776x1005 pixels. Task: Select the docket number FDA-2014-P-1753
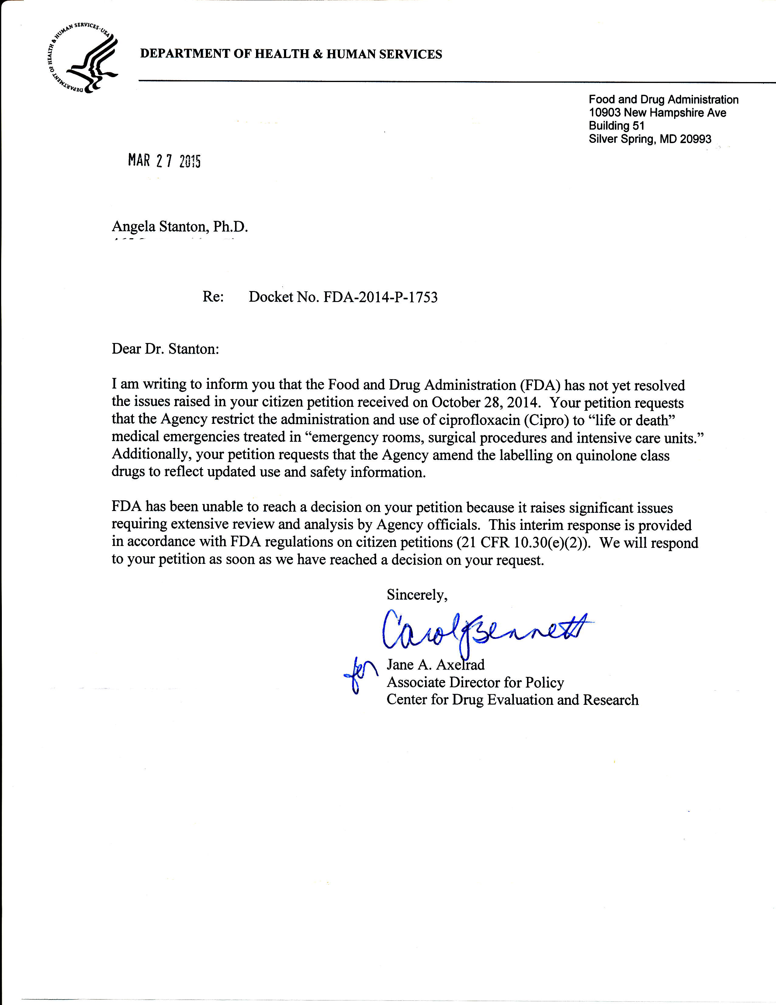[x=380, y=297]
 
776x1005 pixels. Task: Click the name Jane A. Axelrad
[x=435, y=664]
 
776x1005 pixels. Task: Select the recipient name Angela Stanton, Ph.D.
[x=180, y=226]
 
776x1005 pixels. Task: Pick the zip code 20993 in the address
[x=695, y=139]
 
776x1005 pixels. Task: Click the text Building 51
[x=616, y=126]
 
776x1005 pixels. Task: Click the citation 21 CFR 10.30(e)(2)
[x=523, y=543]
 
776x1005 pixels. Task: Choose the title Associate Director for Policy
[x=475, y=682]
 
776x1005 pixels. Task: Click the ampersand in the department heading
[x=317, y=54]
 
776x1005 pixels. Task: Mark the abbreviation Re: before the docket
[x=213, y=297]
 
